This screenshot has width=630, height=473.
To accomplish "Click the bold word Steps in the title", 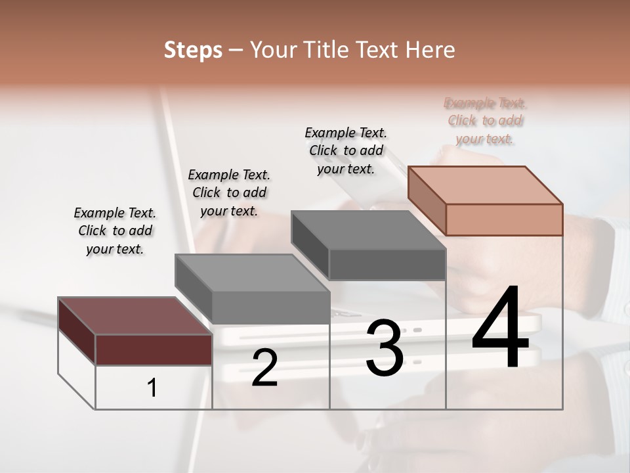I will (x=193, y=50).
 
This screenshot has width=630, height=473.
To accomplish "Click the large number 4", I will (x=500, y=329).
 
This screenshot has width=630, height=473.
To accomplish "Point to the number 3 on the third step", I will (x=385, y=349).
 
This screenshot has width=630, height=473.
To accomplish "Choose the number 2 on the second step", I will (x=264, y=369).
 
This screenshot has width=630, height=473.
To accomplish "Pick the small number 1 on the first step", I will (x=152, y=388).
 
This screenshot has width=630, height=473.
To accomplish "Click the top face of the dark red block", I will (x=135, y=316).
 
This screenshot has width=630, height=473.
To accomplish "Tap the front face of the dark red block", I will (x=154, y=349).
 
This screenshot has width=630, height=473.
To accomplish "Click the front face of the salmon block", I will (x=504, y=219).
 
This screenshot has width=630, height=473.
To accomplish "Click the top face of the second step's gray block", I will (x=253, y=273).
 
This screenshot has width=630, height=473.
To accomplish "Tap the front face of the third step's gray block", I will (x=387, y=264).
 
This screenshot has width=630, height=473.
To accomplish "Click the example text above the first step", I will (x=115, y=231).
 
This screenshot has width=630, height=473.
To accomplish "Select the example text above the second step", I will (x=229, y=192).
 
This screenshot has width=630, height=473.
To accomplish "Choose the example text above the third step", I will (x=346, y=150).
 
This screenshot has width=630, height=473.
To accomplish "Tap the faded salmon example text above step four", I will (x=485, y=121).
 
